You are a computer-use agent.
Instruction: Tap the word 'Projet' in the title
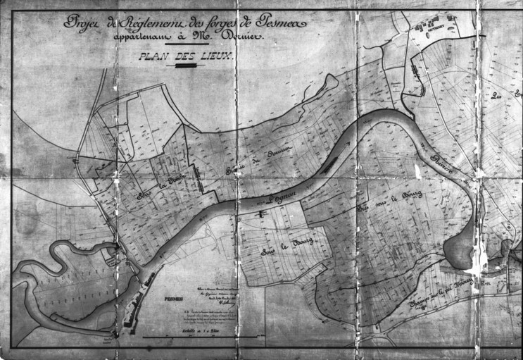pyautogui.click(x=82, y=23)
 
